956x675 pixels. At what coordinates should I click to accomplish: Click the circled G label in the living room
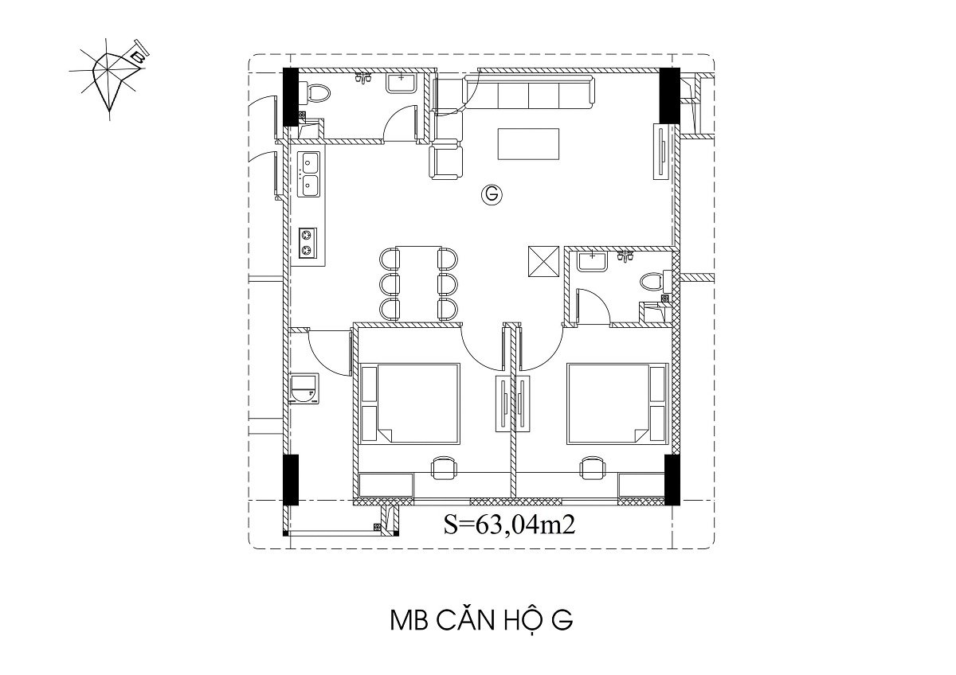click(492, 195)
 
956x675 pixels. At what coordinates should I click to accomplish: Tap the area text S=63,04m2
click(510, 525)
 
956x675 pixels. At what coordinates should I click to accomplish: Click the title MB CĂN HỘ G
click(481, 622)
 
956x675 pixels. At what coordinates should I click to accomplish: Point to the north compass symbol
click(110, 76)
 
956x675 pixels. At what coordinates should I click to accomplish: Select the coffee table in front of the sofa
click(528, 144)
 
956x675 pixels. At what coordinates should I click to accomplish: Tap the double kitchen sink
click(309, 174)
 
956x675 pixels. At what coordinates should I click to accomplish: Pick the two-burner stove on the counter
click(308, 243)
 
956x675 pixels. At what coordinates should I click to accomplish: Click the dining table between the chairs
click(418, 283)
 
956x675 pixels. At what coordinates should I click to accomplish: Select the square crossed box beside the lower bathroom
click(543, 261)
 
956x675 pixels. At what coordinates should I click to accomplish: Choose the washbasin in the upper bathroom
click(402, 82)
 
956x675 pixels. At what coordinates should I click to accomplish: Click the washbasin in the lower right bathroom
click(592, 261)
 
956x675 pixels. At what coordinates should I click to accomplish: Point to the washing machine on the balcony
click(304, 388)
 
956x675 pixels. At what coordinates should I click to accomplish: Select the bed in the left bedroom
click(410, 404)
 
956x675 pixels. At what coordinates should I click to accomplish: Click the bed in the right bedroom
click(617, 404)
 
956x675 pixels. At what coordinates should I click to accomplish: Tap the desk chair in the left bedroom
click(444, 468)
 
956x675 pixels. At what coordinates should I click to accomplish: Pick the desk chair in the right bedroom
click(592, 468)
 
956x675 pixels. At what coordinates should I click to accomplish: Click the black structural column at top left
click(291, 97)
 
